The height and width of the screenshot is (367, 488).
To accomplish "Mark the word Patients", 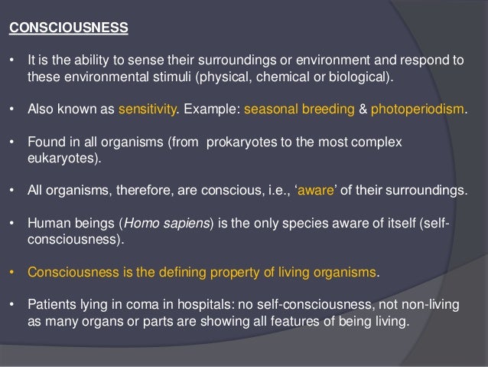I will tap(50, 306).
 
